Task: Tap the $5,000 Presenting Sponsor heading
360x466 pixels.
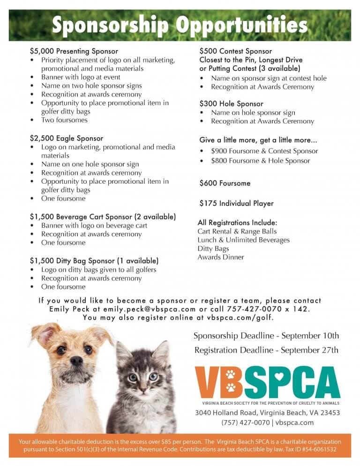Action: click(74, 51)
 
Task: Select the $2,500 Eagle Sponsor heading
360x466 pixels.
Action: click(66, 138)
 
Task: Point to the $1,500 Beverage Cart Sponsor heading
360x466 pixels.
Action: click(103, 217)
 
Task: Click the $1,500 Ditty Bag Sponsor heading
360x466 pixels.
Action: click(94, 261)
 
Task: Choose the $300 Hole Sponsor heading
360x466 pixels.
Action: click(231, 104)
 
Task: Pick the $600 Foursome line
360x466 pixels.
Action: click(225, 183)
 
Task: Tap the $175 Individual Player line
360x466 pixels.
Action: click(236, 203)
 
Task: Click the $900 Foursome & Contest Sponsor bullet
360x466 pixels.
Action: click(264, 151)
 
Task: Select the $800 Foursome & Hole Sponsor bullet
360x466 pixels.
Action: click(261, 161)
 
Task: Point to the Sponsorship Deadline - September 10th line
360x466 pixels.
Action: click(266, 336)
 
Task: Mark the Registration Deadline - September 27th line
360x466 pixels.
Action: click(266, 350)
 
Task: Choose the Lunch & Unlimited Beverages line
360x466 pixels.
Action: click(243, 240)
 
